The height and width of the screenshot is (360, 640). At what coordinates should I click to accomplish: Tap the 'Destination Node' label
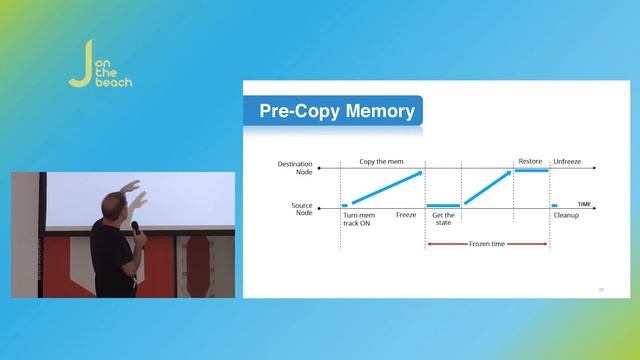coord(295,166)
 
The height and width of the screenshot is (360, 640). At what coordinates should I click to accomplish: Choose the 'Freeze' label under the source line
coord(406,215)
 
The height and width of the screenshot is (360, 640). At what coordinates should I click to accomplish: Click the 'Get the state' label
coord(442,219)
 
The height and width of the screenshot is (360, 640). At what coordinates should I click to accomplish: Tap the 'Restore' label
coord(530,160)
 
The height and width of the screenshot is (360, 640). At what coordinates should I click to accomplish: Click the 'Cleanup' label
coord(566,215)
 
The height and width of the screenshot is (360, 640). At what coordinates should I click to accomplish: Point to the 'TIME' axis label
coord(585,204)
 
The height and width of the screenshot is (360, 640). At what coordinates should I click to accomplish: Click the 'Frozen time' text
coord(487,243)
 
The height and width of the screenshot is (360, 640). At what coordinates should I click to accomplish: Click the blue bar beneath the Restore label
coord(531,170)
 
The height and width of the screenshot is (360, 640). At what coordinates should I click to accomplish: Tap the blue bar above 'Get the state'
coord(443,206)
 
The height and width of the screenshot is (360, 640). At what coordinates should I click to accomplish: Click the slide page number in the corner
coord(601,289)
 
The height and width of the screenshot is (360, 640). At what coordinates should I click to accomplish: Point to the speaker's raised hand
coord(133,188)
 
